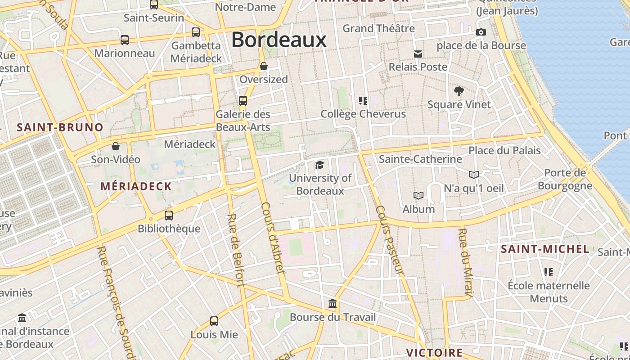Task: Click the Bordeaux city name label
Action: click(279, 40)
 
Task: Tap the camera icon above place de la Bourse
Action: click(481, 32)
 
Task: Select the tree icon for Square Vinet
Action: click(459, 91)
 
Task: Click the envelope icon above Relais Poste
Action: click(418, 54)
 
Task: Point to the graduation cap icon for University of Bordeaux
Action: click(319, 165)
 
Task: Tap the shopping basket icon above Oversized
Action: click(264, 66)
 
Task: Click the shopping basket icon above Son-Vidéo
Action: click(116, 146)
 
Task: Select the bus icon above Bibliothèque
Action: click(169, 215)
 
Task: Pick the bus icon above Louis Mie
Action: click(214, 321)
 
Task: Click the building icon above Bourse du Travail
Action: click(333, 304)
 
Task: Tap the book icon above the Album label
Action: click(418, 195)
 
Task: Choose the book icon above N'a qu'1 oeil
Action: click(474, 175)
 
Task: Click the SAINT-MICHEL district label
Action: click(545, 249)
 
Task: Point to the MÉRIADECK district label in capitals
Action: click(136, 186)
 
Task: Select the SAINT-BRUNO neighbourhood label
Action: click(60, 127)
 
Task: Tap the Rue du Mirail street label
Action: click(466, 263)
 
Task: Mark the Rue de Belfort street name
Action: click(236, 250)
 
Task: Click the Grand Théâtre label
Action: click(378, 28)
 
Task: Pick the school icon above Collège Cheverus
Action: click(363, 100)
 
